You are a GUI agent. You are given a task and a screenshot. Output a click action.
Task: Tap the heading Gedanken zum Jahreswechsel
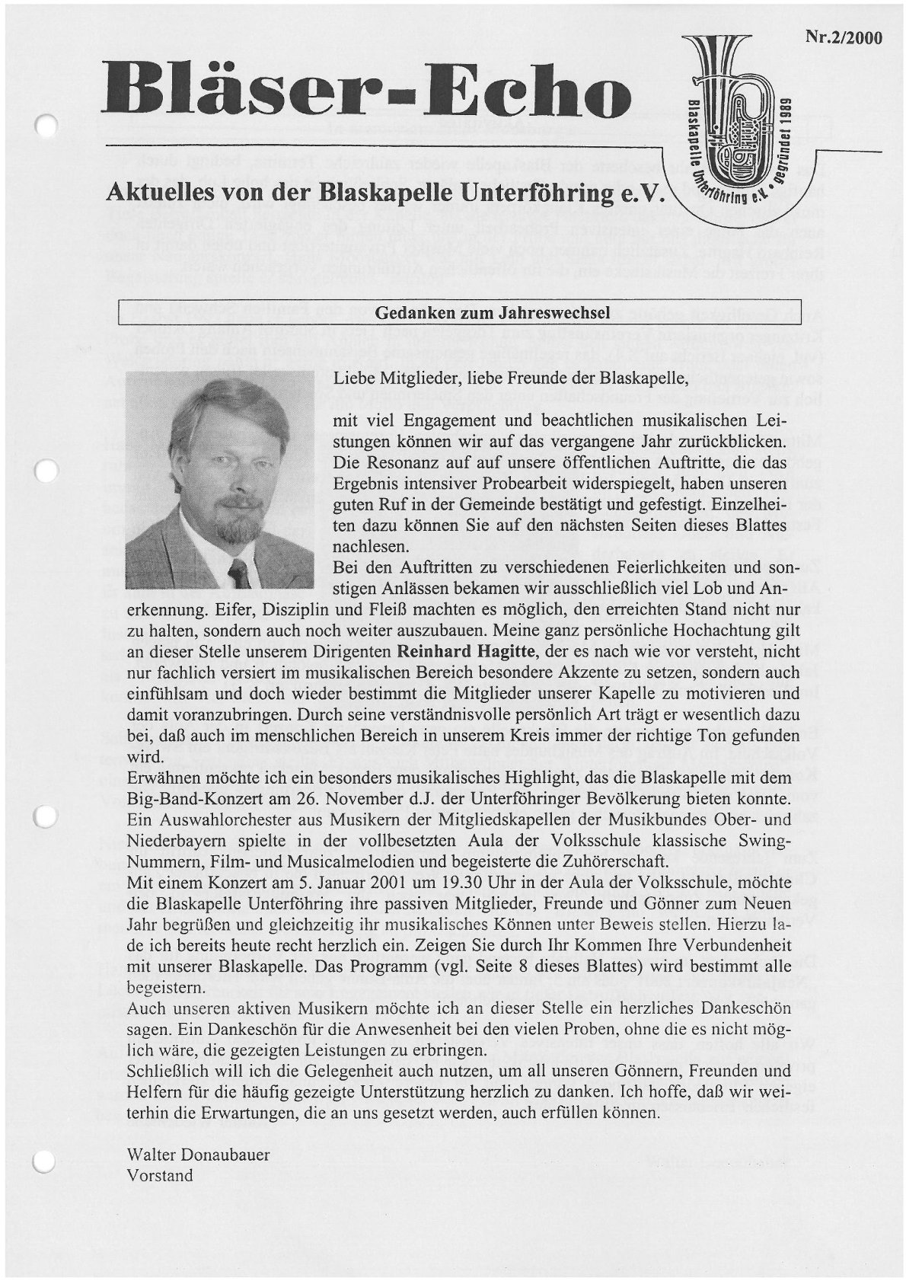[x=491, y=313]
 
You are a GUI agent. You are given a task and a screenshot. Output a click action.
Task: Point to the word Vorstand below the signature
[x=161, y=1175]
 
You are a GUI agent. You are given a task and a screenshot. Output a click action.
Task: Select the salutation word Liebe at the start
[x=353, y=378]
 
